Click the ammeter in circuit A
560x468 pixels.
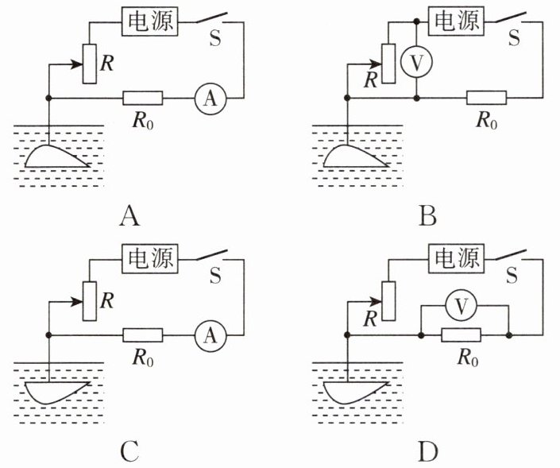point(210,99)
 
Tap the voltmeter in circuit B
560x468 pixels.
point(416,62)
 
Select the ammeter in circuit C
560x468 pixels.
point(210,336)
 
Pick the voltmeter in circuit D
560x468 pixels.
point(462,306)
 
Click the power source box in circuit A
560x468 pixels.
point(150,21)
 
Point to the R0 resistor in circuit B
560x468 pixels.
point(486,98)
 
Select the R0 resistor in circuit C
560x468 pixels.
point(143,335)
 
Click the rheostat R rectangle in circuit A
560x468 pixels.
point(89,64)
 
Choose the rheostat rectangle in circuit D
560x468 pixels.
point(388,301)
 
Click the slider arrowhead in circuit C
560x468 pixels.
point(77,302)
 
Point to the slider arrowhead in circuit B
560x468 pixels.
point(376,64)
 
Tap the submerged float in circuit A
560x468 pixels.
point(57,157)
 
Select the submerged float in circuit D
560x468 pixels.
point(356,393)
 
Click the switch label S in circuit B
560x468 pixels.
point(514,37)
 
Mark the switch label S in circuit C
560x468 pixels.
point(215,275)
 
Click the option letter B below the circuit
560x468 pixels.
point(428,216)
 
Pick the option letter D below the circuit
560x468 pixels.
point(428,452)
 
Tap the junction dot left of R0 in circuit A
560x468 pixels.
point(49,98)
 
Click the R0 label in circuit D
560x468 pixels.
point(468,358)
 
